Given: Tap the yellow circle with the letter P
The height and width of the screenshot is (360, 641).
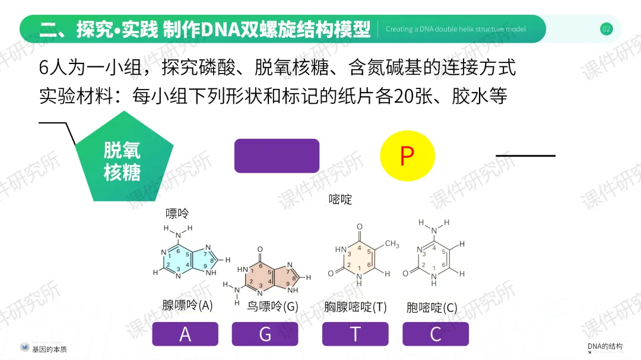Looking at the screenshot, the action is click(x=407, y=156).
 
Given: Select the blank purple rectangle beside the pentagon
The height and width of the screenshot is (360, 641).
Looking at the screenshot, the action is click(x=277, y=156).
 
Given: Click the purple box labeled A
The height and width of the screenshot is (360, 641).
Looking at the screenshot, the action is click(x=185, y=334).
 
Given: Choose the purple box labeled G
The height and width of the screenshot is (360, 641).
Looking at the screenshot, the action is click(x=265, y=334).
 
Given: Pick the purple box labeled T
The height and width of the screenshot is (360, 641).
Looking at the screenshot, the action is click(x=355, y=334).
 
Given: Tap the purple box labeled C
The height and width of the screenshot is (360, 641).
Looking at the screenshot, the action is click(x=436, y=334).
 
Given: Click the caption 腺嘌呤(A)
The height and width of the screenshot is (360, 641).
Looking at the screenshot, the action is click(x=187, y=305).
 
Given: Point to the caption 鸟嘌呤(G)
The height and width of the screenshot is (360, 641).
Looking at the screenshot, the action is click(x=272, y=307).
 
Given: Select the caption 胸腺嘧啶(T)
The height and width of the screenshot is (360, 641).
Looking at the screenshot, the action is click(x=356, y=307).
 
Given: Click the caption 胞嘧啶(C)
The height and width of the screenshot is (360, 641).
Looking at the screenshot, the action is click(x=431, y=308).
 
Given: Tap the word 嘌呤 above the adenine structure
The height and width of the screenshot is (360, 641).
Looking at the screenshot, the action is click(x=177, y=213).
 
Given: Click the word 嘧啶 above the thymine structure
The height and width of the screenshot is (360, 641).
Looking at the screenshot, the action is click(x=340, y=200).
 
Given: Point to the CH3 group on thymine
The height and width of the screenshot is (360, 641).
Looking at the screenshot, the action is click(x=392, y=244).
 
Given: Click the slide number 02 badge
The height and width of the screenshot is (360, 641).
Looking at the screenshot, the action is click(x=606, y=29).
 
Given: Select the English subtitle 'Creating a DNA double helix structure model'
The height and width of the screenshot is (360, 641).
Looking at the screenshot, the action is click(x=455, y=29).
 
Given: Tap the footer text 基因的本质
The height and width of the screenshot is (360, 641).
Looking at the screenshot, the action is click(x=50, y=349).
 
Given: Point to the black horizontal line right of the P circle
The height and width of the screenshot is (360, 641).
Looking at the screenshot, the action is click(x=525, y=156).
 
